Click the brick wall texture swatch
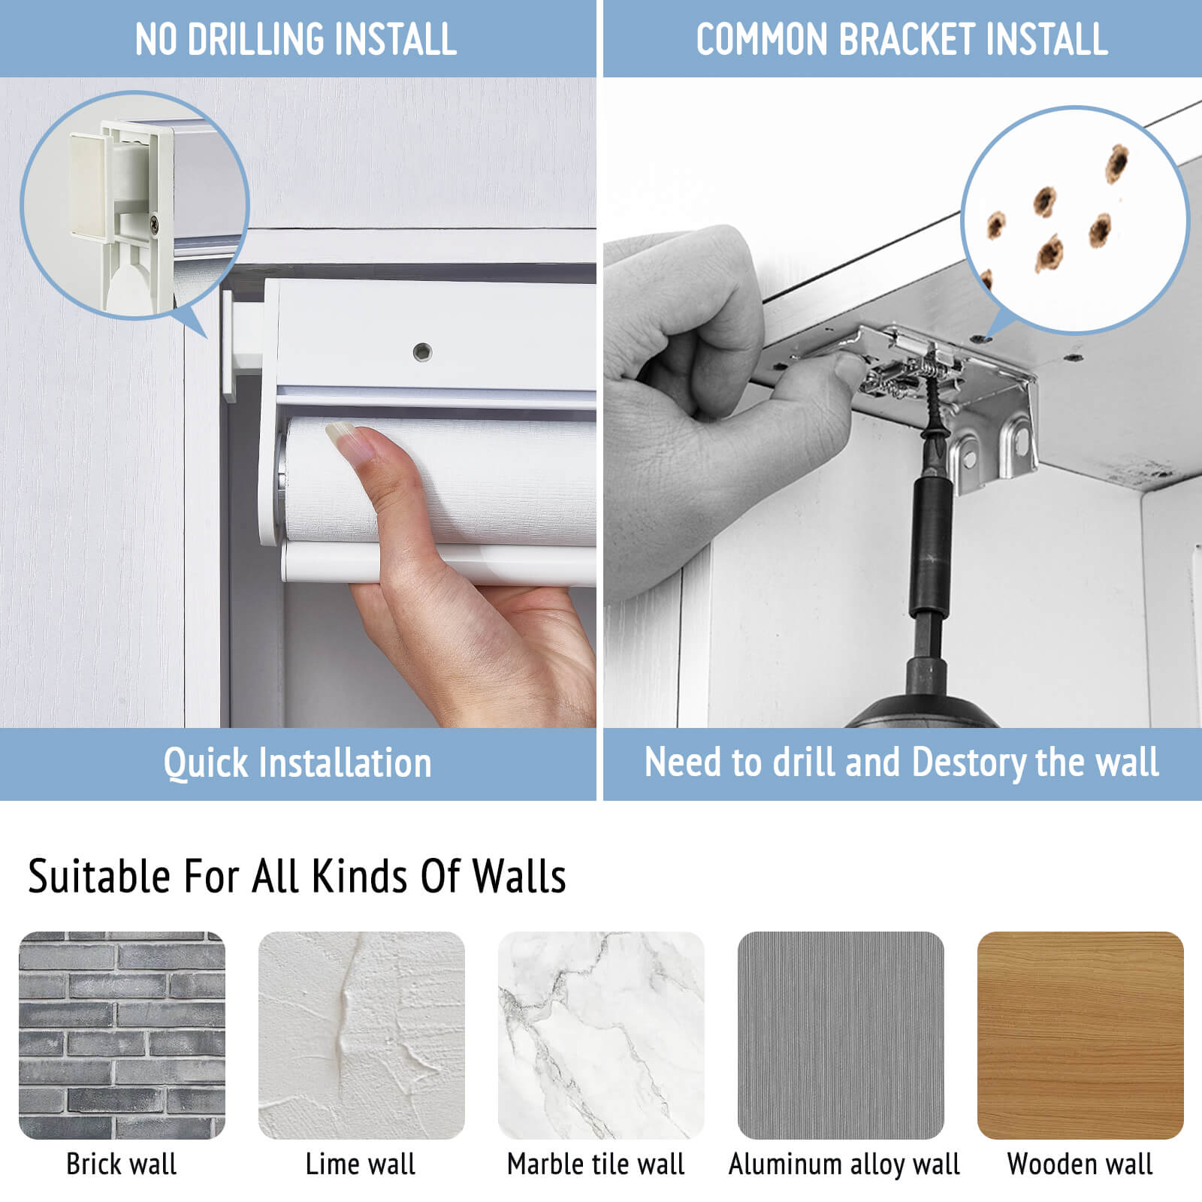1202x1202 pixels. click(122, 1035)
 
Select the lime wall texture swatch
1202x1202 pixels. click(361, 1035)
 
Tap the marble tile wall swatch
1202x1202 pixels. click(601, 1035)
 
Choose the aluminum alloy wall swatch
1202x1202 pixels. click(841, 1035)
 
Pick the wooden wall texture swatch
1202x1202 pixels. click(1080, 1035)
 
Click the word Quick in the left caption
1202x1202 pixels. click(205, 763)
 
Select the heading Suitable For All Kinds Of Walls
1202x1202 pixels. click(297, 876)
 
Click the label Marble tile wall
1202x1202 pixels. click(596, 1164)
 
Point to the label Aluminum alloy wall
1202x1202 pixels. click(844, 1164)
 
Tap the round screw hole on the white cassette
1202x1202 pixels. click(422, 351)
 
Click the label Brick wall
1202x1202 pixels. click(122, 1164)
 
